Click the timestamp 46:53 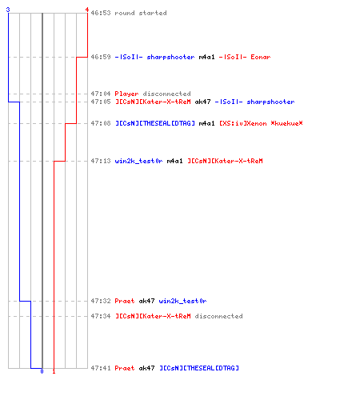pos(101,13)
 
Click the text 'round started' pos(141,13)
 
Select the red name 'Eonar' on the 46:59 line pos(261,57)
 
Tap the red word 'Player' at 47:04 pos(126,94)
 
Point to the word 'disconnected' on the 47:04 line pos(166,94)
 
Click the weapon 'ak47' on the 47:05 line pos(202,102)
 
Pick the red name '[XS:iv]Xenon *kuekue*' pos(261,123)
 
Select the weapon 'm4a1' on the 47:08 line pos(206,123)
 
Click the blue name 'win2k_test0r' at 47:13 pos(138,161)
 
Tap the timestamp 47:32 pos(101,301)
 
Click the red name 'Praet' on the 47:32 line pos(125,301)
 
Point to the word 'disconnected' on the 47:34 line pos(218,316)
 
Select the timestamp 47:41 pos(101,368)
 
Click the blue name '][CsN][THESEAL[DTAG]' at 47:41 pos(199,368)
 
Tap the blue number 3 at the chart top pos(8,10)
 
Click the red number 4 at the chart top pos(87,10)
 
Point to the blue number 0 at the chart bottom pos(42,371)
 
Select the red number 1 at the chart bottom pos(54,371)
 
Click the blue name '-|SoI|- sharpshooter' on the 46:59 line pos(154,57)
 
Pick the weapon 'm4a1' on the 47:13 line pos(174,161)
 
